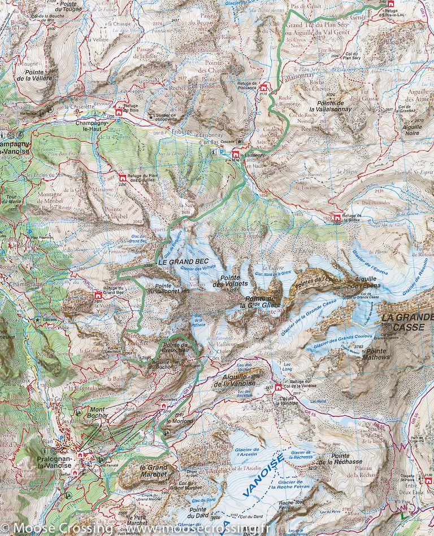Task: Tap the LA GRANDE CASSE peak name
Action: coord(406,322)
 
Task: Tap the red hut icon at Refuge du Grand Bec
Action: coord(98,295)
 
